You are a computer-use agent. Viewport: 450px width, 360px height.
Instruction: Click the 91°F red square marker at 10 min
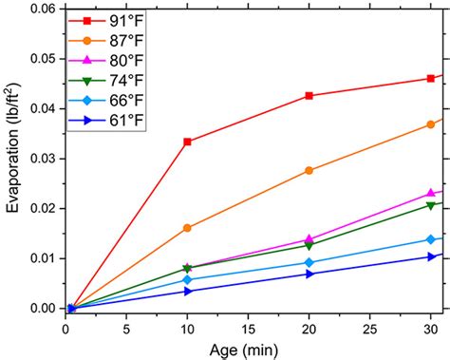click(187, 142)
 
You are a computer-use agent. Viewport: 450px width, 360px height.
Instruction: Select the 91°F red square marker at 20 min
click(309, 96)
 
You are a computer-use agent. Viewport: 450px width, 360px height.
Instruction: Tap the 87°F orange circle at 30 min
click(431, 124)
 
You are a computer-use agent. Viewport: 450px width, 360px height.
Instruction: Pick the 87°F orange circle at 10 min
click(187, 228)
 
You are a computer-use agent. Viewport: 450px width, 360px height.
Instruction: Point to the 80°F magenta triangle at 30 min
click(431, 193)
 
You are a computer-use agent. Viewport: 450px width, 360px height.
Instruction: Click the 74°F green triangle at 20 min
click(309, 246)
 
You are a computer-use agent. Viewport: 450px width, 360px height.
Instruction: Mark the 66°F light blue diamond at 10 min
click(187, 279)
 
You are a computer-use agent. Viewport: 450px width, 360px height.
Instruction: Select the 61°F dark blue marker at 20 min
click(309, 275)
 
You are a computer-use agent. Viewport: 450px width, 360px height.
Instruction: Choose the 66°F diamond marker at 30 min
click(431, 239)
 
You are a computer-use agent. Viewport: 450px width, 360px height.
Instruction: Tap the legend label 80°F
click(126, 61)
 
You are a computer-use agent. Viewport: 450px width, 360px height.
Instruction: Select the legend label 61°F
click(126, 121)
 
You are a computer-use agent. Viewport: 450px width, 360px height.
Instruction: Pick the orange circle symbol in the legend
click(87, 41)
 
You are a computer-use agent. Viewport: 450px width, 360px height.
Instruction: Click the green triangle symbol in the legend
click(87, 81)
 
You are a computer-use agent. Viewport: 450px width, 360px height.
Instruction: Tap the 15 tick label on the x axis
click(248, 330)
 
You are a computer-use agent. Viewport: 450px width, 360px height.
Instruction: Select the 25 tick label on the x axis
click(369, 330)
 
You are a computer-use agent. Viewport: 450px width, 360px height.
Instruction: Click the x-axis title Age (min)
click(244, 351)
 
